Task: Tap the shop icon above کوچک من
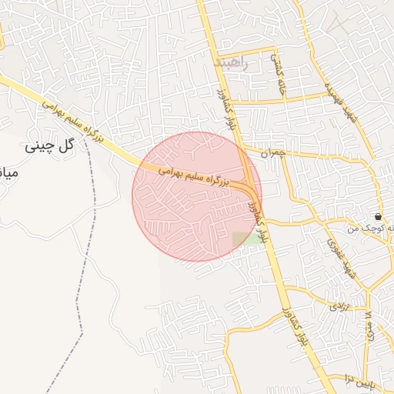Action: [x=377, y=217]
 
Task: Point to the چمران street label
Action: [x=273, y=153]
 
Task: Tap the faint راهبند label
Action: [x=234, y=62]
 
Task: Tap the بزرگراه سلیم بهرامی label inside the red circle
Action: [x=196, y=176]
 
